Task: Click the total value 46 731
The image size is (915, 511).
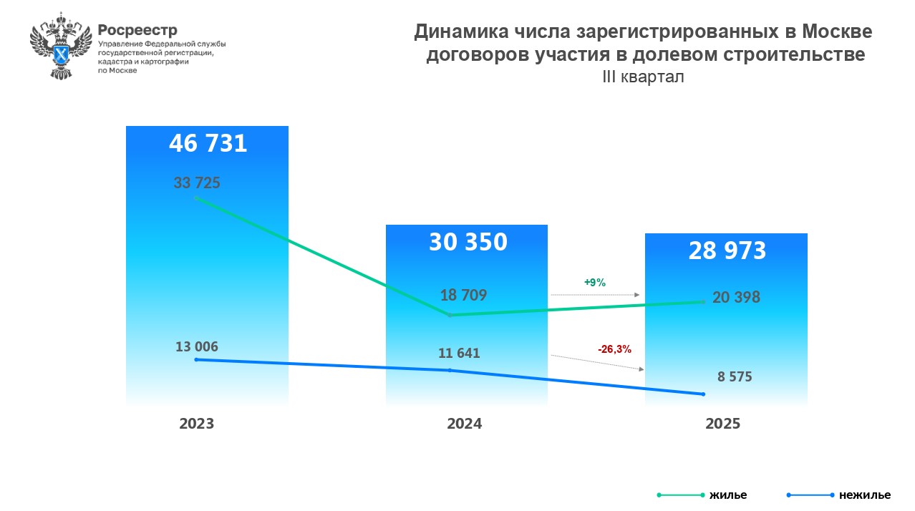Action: tap(208, 144)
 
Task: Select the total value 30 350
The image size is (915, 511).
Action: tap(468, 242)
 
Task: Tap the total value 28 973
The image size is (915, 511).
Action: tap(727, 250)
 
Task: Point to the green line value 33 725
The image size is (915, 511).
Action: tap(197, 182)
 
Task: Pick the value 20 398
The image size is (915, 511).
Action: tap(736, 297)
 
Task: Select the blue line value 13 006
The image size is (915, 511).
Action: tap(197, 347)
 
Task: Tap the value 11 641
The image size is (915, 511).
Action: tap(458, 353)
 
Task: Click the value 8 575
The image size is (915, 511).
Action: tap(735, 376)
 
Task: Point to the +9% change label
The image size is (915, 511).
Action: tap(595, 283)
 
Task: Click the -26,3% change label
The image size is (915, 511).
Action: tap(614, 349)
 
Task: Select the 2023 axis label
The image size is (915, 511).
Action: tap(197, 424)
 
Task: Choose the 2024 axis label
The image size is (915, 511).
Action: tap(465, 424)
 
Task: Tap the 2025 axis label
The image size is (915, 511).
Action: tap(723, 424)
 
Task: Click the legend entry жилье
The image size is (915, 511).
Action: tap(727, 495)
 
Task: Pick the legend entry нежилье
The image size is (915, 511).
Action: tap(865, 495)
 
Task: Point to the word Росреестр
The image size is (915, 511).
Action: tap(137, 30)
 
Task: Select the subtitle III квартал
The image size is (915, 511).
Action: tap(643, 77)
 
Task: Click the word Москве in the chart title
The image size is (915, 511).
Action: tap(837, 32)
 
